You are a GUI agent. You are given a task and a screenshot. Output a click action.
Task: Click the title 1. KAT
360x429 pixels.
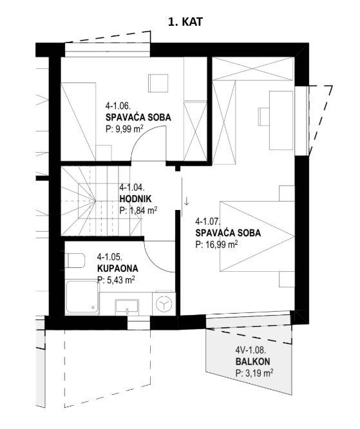point(185,22)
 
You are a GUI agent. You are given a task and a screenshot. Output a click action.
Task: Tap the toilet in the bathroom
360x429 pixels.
point(75,260)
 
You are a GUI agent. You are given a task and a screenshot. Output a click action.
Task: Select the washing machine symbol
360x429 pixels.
point(164,303)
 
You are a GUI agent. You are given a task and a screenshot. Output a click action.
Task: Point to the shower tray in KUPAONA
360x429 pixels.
point(82,297)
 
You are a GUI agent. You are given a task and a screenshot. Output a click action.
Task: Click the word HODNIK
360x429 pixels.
point(135,199)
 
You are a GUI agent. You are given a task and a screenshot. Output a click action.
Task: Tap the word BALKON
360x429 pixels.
point(252,361)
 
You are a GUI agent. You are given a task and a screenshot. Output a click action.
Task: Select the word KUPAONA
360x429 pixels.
point(118,269)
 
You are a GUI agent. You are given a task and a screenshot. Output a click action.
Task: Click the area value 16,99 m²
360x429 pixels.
point(216,244)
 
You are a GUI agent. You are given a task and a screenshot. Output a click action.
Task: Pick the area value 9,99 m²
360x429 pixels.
point(124,129)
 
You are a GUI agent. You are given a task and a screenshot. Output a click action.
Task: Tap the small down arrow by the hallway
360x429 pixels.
point(187,202)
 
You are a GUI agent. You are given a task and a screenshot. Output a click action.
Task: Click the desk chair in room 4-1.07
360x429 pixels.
point(263,117)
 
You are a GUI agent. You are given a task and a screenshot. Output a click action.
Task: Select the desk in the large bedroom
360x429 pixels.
point(281,120)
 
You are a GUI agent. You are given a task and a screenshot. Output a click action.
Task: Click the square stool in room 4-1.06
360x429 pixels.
point(158,83)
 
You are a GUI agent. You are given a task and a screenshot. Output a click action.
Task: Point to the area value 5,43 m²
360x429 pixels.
point(116,280)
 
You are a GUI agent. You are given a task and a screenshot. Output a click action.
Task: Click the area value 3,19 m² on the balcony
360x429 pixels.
point(254,373)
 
